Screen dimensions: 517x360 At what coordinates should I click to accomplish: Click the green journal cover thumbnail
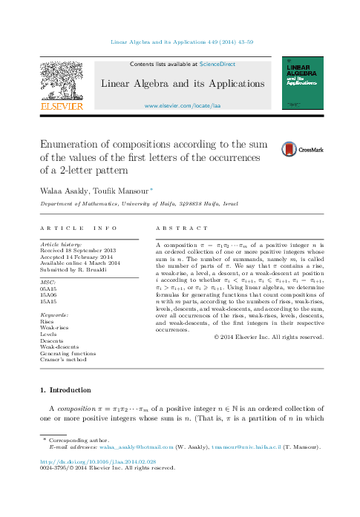point(304,85)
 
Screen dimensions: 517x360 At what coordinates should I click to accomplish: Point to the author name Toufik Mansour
point(120,191)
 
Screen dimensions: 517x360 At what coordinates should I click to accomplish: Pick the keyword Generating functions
point(68,354)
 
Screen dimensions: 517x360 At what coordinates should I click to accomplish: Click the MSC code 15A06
point(48,316)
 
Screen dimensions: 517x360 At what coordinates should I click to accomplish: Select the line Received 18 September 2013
point(78,250)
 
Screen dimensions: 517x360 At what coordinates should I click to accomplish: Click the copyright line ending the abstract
point(269,337)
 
